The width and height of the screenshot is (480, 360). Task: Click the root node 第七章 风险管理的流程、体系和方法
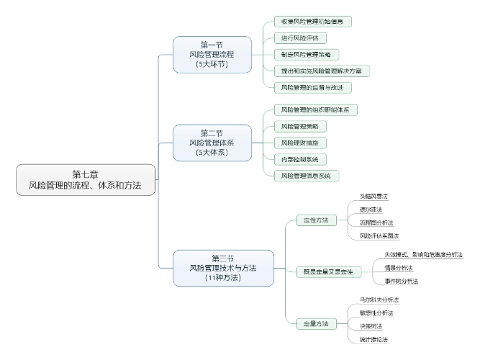[x=86, y=180]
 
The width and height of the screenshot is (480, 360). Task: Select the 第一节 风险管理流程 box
[x=212, y=54]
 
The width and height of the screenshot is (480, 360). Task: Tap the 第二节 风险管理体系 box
[x=212, y=143]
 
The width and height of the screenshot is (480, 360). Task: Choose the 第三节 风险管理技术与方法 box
[x=223, y=268]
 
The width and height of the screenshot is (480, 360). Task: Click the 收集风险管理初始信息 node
[x=312, y=22]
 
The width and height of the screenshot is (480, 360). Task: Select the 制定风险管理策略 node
[x=307, y=55]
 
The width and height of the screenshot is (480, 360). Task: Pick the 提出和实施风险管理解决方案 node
[x=322, y=71]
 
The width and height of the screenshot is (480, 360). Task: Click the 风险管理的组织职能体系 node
[x=316, y=110]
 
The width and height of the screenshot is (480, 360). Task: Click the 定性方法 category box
[x=316, y=220]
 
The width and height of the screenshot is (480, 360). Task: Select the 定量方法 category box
[x=316, y=324]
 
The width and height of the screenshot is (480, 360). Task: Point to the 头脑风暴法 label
[x=373, y=196]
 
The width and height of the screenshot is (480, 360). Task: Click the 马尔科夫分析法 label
[x=379, y=299]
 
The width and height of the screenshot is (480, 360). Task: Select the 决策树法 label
[x=371, y=325]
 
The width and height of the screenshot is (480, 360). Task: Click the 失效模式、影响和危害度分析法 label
[x=422, y=254]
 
